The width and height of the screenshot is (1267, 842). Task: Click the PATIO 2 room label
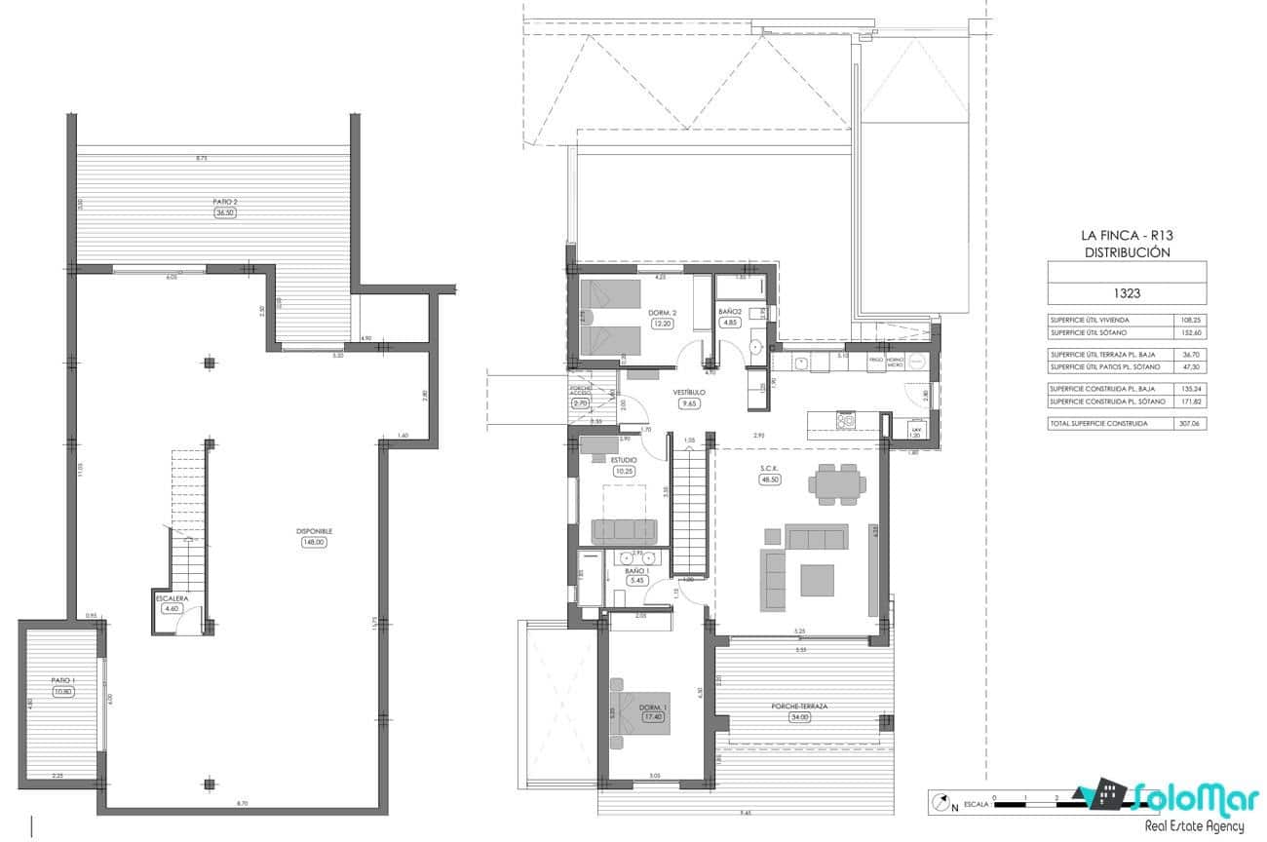tap(225, 202)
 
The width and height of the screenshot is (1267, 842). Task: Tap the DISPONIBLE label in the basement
tap(314, 531)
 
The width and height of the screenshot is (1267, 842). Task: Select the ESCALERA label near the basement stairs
tap(172, 597)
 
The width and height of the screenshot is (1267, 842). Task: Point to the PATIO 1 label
tap(63, 680)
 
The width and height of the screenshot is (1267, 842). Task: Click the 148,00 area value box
tap(314, 543)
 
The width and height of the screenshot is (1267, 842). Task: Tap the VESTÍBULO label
tap(689, 392)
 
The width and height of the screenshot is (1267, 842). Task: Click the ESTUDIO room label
tap(624, 460)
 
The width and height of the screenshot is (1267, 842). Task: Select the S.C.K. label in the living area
tap(771, 469)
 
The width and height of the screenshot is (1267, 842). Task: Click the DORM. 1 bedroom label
tap(652, 707)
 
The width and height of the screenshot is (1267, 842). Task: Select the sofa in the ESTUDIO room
tap(625, 531)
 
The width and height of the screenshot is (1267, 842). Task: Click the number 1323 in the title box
tap(1126, 290)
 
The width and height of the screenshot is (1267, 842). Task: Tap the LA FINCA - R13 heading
tap(1126, 235)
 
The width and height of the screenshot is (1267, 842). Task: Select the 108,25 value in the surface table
tap(1187, 320)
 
